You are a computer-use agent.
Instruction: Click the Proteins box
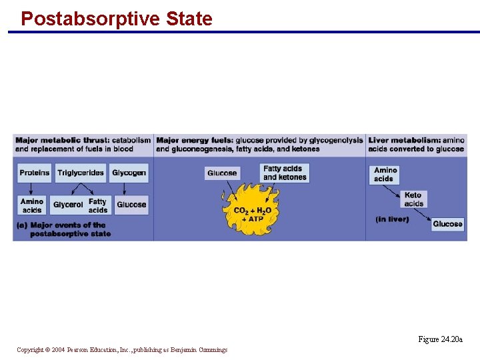[x=35, y=173]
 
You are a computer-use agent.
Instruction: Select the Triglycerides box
[x=81, y=173]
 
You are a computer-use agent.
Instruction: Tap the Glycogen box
[x=129, y=173]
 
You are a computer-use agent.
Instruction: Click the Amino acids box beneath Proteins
[x=32, y=205]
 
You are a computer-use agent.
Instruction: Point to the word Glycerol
[x=68, y=205]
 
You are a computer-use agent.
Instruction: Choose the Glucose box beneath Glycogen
[x=131, y=205]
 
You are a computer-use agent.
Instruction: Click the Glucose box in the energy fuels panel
[x=222, y=173]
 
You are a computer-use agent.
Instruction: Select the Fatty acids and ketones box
[x=285, y=173]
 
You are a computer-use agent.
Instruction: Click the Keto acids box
[x=413, y=199]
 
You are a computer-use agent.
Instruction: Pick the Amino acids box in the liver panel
[x=385, y=174]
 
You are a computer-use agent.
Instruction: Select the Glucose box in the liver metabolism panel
[x=447, y=224]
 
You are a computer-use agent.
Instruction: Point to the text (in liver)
[x=392, y=219]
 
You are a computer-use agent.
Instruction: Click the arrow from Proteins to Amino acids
[x=32, y=189]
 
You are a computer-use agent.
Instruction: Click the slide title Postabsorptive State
[x=117, y=18]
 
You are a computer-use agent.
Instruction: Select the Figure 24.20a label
[x=440, y=339]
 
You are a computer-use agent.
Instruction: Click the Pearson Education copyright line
[x=122, y=349]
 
